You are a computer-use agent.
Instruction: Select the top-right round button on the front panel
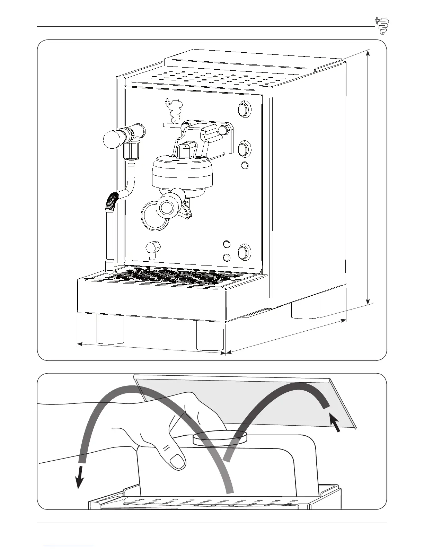245,110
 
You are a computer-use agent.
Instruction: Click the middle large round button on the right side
245,149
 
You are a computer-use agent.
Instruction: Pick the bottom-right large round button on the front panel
244,252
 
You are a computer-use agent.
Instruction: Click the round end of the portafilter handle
167,207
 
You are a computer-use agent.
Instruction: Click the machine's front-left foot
110,329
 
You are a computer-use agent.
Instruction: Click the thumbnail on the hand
178,461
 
